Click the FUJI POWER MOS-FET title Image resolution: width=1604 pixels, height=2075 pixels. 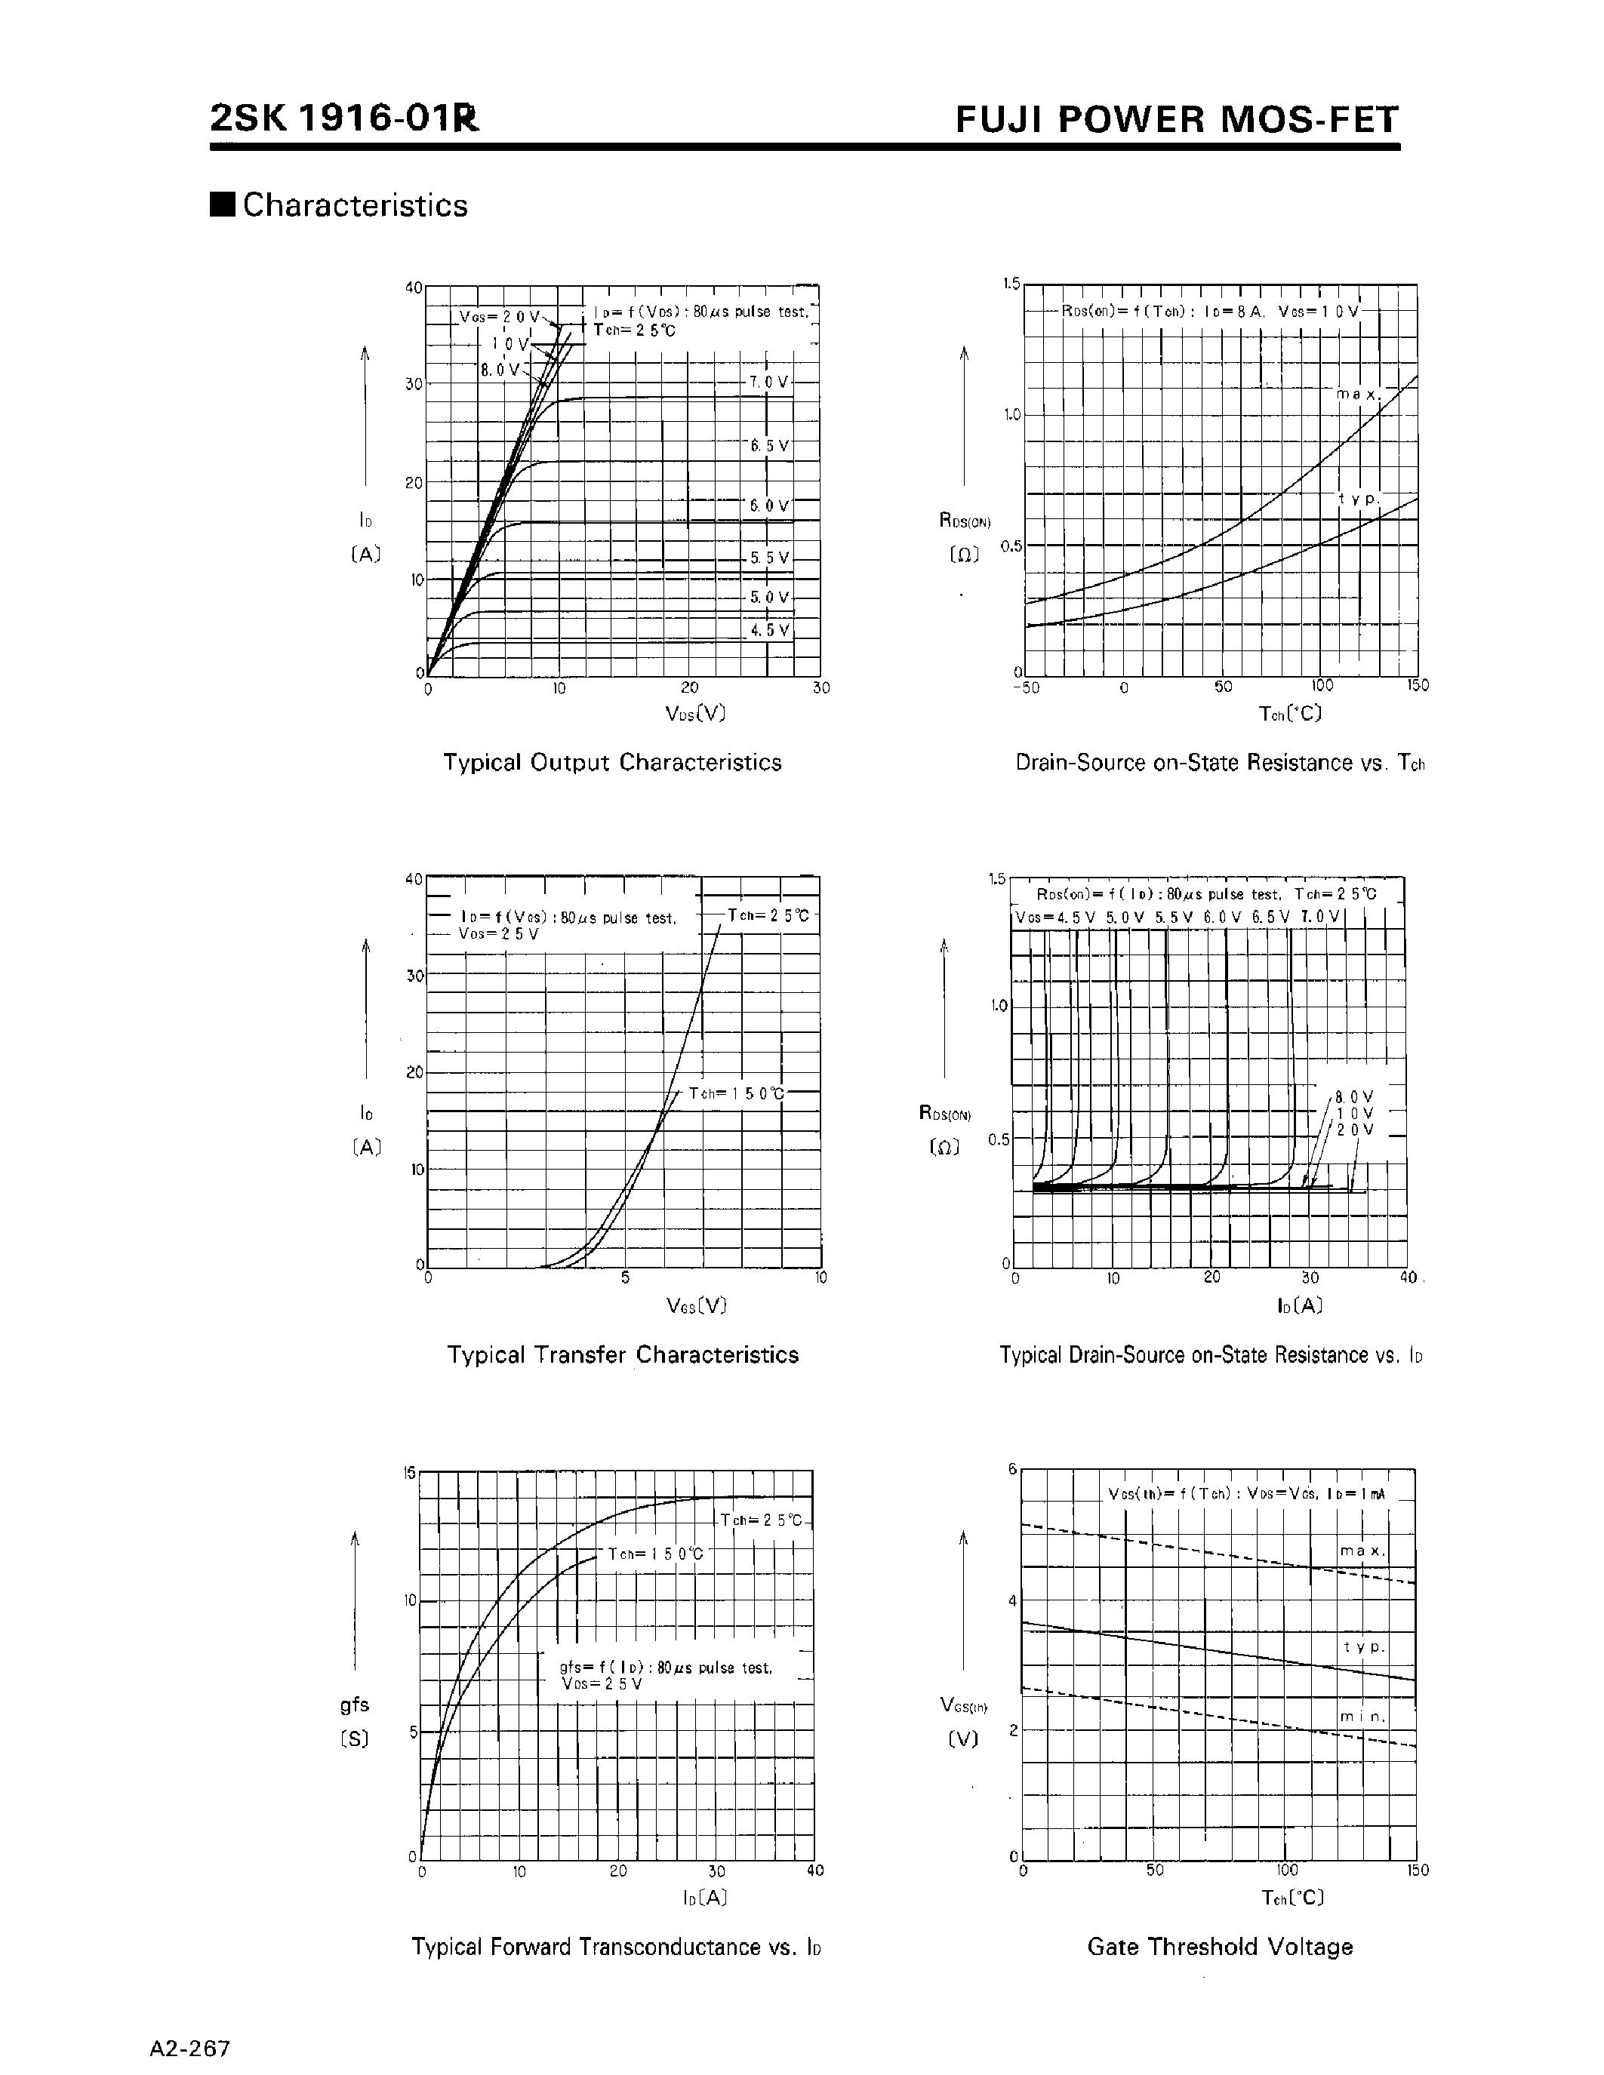[1177, 120]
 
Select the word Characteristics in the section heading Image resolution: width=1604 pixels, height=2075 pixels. [356, 205]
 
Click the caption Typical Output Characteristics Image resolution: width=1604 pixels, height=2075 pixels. [612, 763]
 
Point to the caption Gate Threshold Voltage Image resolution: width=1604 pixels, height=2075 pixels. [1219, 1947]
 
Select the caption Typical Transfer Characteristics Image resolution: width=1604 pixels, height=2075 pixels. [623, 1355]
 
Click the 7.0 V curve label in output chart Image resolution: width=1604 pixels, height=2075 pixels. [768, 382]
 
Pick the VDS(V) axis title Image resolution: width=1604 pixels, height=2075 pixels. [696, 712]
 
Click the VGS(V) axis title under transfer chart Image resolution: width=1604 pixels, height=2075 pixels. [696, 1305]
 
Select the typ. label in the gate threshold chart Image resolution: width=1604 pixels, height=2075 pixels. [1364, 1646]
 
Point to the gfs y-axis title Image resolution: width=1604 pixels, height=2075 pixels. [355, 1705]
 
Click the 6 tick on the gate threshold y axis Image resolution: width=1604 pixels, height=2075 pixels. [1013, 1469]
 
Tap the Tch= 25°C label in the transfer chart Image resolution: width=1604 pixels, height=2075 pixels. [768, 915]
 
